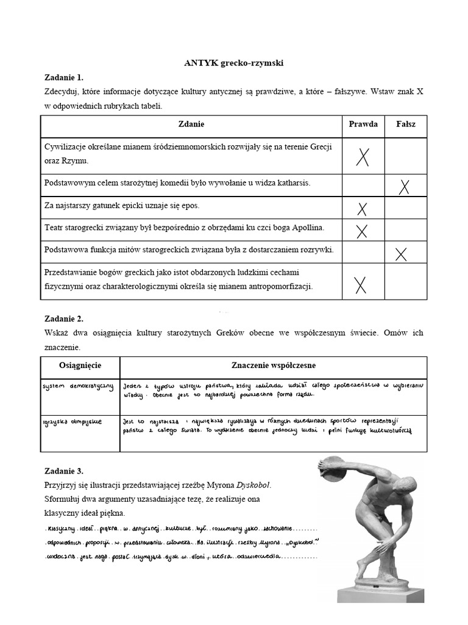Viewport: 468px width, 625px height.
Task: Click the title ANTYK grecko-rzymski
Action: [x=234, y=62]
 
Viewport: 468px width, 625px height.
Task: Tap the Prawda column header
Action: [x=363, y=124]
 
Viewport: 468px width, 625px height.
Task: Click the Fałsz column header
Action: [x=406, y=124]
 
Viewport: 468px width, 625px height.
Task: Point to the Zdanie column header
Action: [x=191, y=124]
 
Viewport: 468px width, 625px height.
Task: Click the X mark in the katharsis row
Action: [x=403, y=186]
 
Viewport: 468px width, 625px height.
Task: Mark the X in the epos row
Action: [x=363, y=209]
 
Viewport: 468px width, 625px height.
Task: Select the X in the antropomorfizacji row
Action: [x=361, y=284]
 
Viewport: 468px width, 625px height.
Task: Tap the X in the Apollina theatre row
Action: [x=362, y=231]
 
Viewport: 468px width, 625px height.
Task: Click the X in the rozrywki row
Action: [x=401, y=254]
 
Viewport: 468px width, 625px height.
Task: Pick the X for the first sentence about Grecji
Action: [x=363, y=157]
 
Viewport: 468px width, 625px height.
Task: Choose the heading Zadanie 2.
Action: [x=63, y=318]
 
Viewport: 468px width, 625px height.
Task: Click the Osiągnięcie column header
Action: [x=80, y=365]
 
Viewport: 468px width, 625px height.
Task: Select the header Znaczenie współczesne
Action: [x=273, y=365]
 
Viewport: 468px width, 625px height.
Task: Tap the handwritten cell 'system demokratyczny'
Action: [x=79, y=387]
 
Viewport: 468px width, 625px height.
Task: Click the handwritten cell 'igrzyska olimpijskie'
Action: [x=73, y=421]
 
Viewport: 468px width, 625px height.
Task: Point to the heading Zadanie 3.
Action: [x=63, y=471]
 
